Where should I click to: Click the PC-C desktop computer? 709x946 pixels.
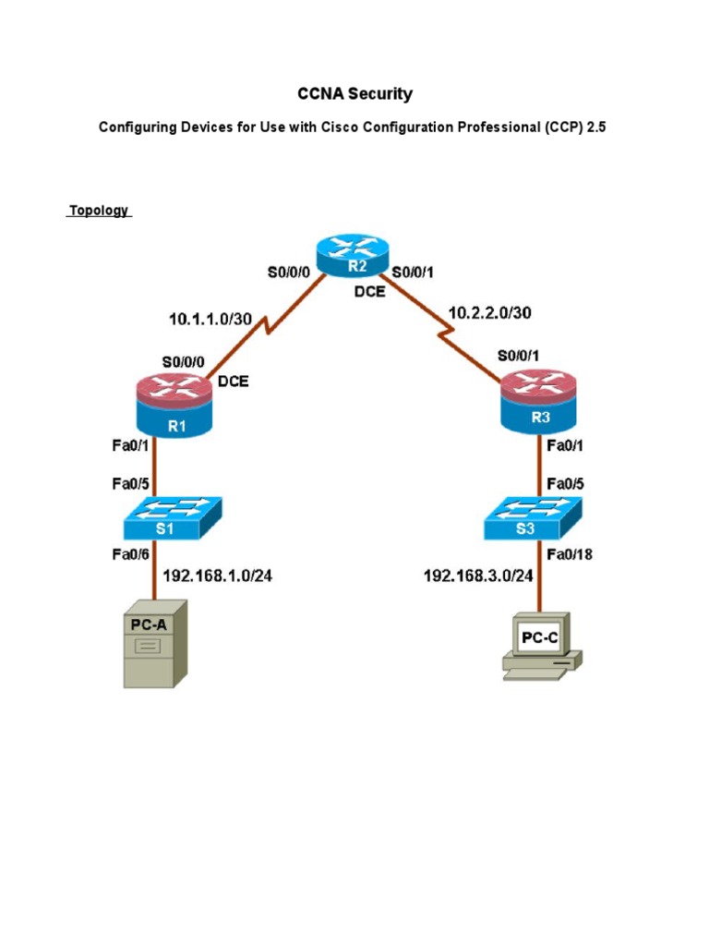(x=541, y=647)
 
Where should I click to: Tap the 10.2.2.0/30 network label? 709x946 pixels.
(x=490, y=312)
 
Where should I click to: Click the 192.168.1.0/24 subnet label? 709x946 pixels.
(x=218, y=576)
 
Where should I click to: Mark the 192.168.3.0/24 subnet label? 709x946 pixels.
(x=478, y=576)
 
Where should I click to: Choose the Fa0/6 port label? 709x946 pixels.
(x=130, y=553)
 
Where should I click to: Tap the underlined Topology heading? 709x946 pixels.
(x=99, y=211)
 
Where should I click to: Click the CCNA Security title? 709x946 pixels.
(x=354, y=93)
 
